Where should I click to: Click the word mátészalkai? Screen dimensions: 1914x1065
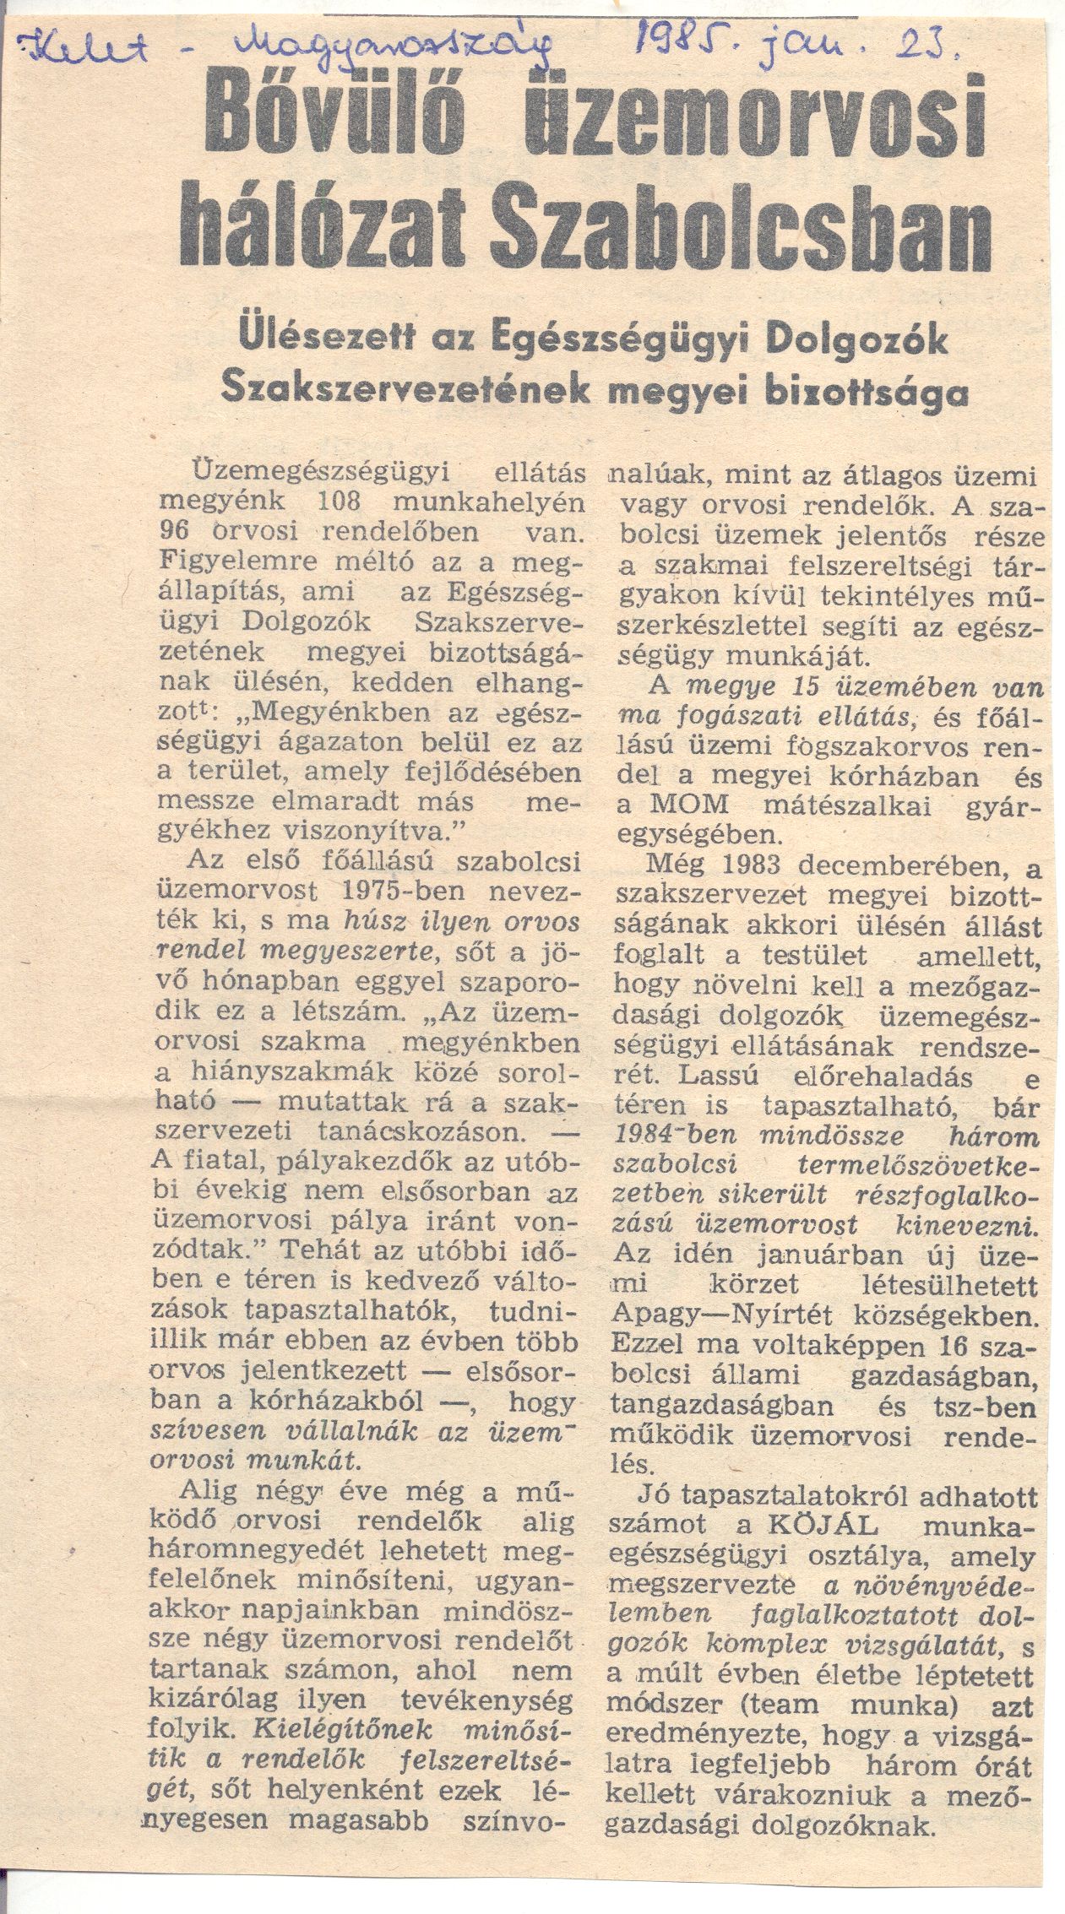pyautogui.click(x=835, y=806)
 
